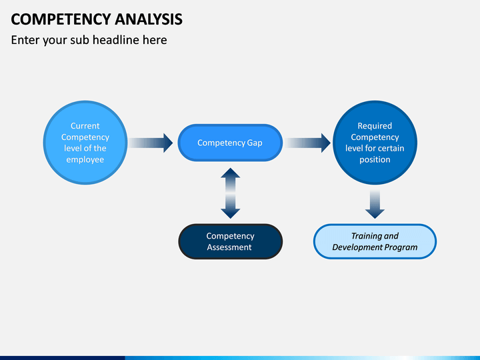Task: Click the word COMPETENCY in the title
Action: pyautogui.click(x=61, y=19)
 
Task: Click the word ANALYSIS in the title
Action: pyautogui.click(x=149, y=19)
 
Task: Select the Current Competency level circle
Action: pyautogui.click(x=85, y=143)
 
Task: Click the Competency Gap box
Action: pyautogui.click(x=230, y=143)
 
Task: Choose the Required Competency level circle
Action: pyautogui.click(x=375, y=143)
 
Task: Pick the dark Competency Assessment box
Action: pyautogui.click(x=230, y=241)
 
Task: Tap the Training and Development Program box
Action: pyautogui.click(x=375, y=241)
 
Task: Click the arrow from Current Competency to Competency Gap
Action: pyautogui.click(x=151, y=143)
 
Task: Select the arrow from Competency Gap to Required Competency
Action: pyautogui.click(x=307, y=143)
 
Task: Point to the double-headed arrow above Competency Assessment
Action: pyautogui.click(x=230, y=193)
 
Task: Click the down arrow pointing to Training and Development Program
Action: pyautogui.click(x=375, y=204)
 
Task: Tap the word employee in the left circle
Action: pyautogui.click(x=85, y=160)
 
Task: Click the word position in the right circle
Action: pyautogui.click(x=375, y=160)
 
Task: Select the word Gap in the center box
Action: pyautogui.click(x=255, y=143)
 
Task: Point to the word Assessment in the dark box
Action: pyautogui.click(x=229, y=247)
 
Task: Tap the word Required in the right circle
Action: pyautogui.click(x=375, y=126)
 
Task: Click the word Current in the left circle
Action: pyautogui.click(x=85, y=126)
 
